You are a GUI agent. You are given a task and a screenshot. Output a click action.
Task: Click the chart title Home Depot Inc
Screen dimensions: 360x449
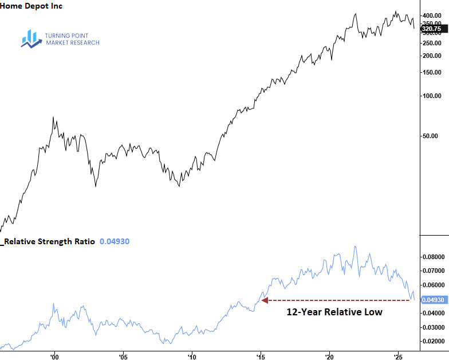click(x=32, y=6)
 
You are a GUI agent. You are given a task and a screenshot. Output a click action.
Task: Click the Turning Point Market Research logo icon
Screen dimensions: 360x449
click(x=29, y=38)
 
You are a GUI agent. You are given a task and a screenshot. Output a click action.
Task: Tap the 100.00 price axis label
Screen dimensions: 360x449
click(x=432, y=96)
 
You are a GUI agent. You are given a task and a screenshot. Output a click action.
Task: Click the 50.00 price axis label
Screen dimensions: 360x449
click(x=434, y=136)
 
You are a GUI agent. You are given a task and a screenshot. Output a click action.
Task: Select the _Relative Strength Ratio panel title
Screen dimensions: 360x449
click(x=48, y=242)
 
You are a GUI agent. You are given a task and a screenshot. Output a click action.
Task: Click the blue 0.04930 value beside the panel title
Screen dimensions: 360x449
click(x=115, y=242)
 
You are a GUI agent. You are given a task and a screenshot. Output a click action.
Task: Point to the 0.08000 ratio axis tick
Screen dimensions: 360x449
click(x=433, y=256)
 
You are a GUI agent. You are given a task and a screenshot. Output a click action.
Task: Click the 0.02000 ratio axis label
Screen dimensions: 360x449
click(x=433, y=341)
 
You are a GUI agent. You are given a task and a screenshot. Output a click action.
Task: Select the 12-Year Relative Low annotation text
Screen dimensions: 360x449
click(x=334, y=312)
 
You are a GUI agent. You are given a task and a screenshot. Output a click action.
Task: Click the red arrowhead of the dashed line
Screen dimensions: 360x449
click(x=265, y=300)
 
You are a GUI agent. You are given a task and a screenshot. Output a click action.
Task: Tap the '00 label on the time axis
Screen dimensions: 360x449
click(x=54, y=356)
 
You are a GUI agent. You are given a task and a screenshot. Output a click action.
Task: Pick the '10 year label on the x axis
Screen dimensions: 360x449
click(x=191, y=356)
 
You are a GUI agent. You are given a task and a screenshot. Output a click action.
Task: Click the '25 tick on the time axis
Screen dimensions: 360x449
click(x=397, y=356)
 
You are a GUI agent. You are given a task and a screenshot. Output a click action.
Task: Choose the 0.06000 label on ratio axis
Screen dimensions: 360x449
click(x=433, y=285)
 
